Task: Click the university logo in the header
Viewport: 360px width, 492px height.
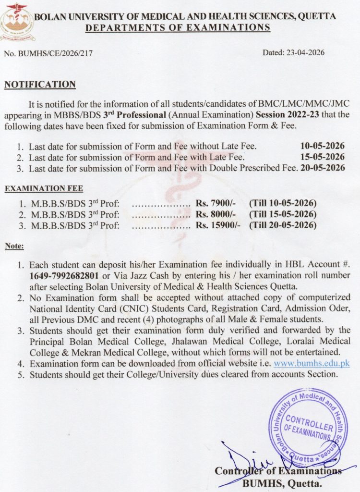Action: [17, 19]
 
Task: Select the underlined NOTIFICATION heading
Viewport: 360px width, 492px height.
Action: [40, 85]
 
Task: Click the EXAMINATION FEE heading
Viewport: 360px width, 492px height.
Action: [39, 190]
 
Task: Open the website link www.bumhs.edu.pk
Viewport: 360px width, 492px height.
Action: [312, 364]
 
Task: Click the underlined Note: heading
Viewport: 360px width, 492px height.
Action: [14, 246]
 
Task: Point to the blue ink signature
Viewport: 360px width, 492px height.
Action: [250, 461]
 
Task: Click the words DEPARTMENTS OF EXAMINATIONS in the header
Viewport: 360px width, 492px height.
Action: [178, 27]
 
